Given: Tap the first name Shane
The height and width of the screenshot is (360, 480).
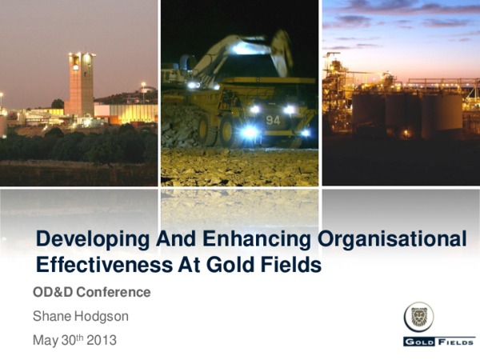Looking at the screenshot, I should coord(52,316).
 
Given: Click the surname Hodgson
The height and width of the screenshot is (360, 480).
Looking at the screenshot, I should coord(102,316).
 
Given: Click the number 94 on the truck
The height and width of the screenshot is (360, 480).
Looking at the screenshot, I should coord(273,120).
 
